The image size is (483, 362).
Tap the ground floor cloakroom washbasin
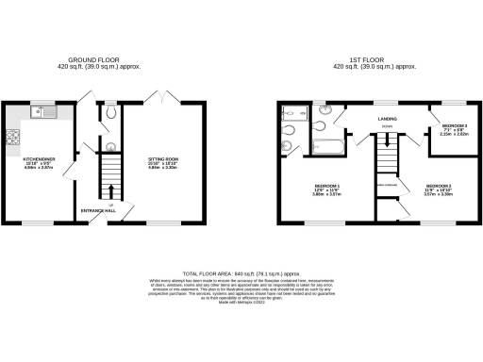coord(111,146)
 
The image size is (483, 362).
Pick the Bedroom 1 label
coord(325,189)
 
